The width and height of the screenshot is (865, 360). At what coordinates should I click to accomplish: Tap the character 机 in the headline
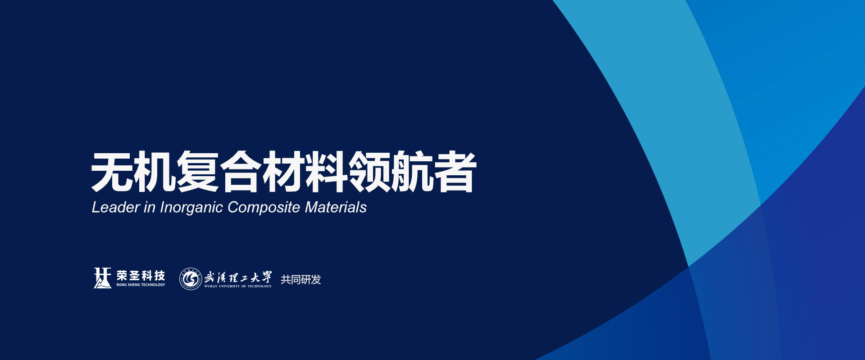(x=155, y=172)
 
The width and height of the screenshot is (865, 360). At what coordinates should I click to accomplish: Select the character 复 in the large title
(x=198, y=172)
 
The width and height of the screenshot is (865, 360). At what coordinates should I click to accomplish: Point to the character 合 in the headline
(x=241, y=172)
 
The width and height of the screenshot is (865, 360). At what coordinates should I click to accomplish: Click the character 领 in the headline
(x=369, y=172)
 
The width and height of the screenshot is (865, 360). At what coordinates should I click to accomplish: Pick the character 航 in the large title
(x=412, y=172)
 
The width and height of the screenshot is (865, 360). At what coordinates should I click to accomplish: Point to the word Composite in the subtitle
(x=264, y=208)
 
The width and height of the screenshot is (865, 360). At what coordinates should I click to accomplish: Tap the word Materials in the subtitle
(x=336, y=207)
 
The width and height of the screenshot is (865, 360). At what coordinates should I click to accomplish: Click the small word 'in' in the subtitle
(x=150, y=207)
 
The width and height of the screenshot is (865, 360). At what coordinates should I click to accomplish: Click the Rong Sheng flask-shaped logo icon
(x=102, y=278)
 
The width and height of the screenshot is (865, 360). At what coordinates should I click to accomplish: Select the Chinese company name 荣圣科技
(x=141, y=275)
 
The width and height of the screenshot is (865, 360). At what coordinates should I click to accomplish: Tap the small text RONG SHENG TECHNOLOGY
(x=141, y=285)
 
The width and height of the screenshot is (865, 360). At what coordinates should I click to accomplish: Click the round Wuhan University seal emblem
(x=191, y=279)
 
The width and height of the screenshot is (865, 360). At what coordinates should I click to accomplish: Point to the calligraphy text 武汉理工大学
(x=238, y=277)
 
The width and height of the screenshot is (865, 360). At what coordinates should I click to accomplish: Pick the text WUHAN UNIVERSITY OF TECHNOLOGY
(x=238, y=286)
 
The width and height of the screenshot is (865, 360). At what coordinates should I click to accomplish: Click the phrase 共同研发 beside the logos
(x=301, y=279)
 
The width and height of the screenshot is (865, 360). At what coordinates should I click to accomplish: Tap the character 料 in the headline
(x=327, y=172)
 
